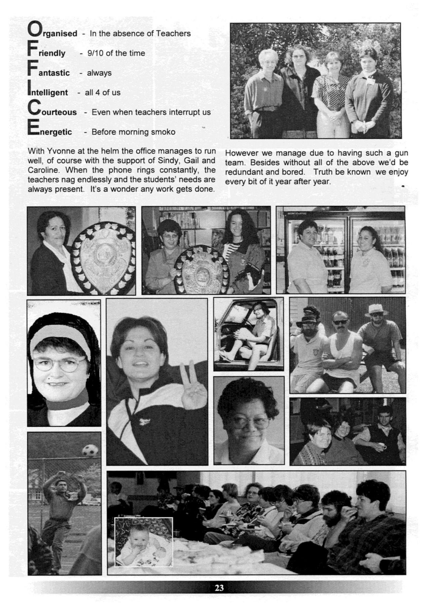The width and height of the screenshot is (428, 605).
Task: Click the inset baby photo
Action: pyautogui.click(x=144, y=541)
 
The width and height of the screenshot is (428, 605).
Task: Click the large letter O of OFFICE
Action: pyautogui.click(x=33, y=29)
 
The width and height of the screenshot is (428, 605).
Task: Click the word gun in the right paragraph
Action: pyautogui.click(x=401, y=153)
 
